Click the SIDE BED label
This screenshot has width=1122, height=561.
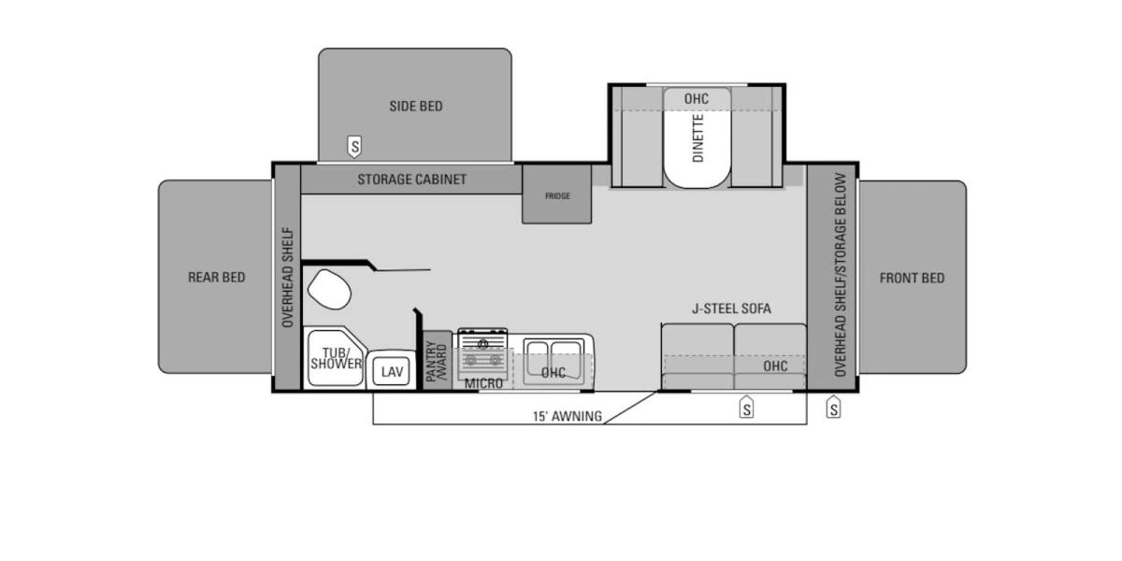tap(416, 107)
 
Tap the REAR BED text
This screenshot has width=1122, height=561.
tap(216, 278)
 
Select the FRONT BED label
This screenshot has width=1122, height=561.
tap(912, 278)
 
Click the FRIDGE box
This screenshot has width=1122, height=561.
tap(557, 195)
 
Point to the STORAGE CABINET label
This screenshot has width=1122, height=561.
tap(411, 180)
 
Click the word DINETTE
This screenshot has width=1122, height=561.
tap(698, 138)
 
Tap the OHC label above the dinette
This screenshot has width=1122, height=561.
tap(696, 99)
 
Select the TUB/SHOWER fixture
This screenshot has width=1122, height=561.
tap(335, 359)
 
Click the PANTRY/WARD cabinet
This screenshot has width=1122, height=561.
tap(437, 359)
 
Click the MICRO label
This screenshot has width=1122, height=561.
tap(483, 383)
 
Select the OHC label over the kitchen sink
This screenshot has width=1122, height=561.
tap(553, 372)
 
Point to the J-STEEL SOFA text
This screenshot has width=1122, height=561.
tap(731, 309)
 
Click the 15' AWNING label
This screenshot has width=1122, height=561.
tap(568, 417)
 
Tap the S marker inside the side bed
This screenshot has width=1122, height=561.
tap(354, 146)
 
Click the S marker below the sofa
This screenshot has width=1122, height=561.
tap(746, 407)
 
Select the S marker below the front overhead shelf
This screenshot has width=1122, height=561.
tap(833, 407)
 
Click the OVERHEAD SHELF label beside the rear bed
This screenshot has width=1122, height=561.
tap(287, 278)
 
